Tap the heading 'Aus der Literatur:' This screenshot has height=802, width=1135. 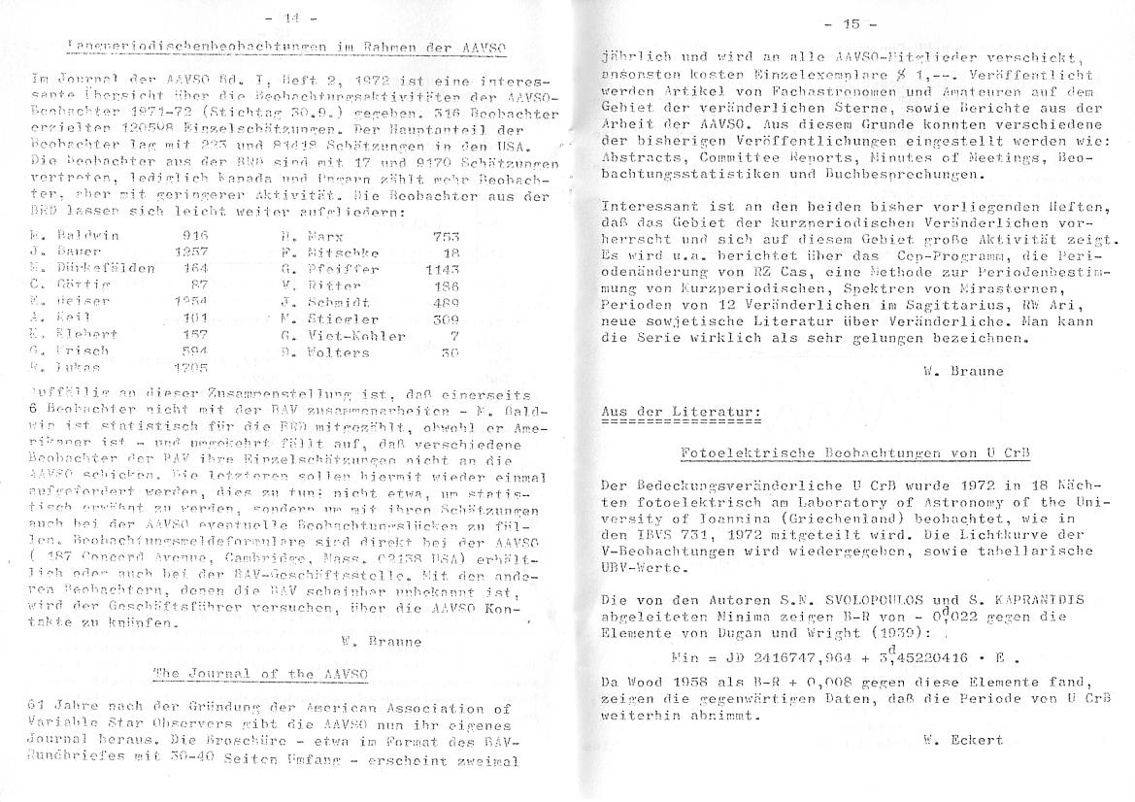click(680, 412)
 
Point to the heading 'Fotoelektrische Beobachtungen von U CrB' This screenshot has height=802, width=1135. click(855, 454)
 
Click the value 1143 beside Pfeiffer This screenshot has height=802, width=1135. click(442, 268)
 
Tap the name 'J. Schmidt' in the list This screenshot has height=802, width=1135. click(316, 302)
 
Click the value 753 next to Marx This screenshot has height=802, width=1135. click(447, 235)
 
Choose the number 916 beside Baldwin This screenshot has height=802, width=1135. click(195, 235)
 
